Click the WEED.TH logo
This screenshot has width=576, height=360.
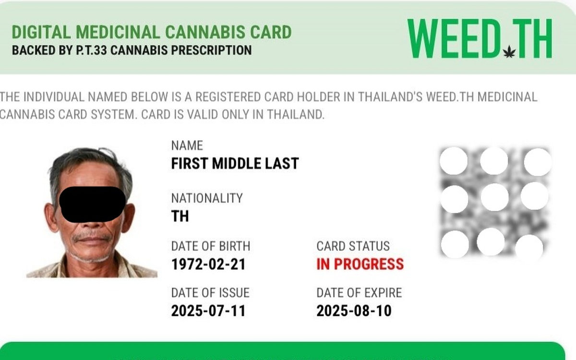coord(480,38)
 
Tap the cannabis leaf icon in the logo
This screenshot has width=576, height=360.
coord(509,52)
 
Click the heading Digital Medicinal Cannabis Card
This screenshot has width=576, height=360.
coord(152,32)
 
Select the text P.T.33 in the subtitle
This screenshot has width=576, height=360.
coord(91,50)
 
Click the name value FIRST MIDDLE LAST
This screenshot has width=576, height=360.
coord(235,164)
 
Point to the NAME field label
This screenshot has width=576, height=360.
coord(187,145)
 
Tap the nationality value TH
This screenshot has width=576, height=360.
coord(180,216)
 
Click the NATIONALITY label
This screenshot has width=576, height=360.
coord(207,198)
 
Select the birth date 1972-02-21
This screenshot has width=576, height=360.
coord(208,264)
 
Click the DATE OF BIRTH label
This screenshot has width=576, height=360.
coord(211,246)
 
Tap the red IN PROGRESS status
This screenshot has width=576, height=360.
coord(360,264)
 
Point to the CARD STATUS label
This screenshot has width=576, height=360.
coord(353,246)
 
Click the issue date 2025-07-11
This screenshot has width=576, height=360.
coord(208,311)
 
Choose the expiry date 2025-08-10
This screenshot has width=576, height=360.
coord(354,311)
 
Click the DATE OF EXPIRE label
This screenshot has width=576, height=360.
coord(359,293)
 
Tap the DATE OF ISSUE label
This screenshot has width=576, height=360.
coord(210,293)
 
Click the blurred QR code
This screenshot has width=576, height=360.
coord(495,203)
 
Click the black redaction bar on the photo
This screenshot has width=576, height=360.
coord(92,204)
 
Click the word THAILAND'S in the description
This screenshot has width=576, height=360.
coord(390,97)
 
